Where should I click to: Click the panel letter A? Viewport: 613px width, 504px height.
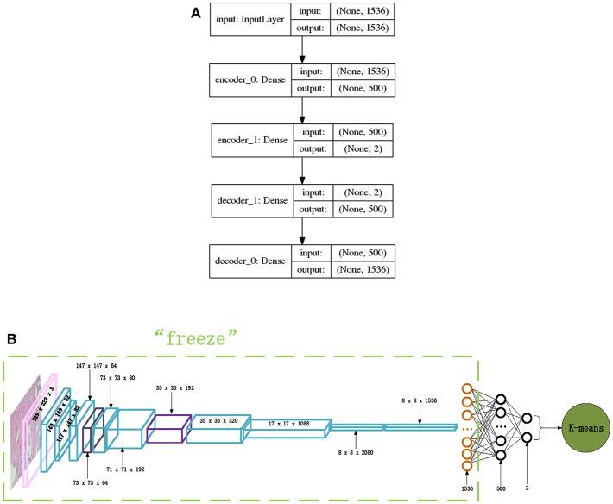195,14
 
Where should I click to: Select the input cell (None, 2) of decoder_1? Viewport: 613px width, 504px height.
354,192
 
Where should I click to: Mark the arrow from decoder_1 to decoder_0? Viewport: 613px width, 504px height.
302,231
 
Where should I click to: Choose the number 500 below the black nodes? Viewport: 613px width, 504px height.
502,488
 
